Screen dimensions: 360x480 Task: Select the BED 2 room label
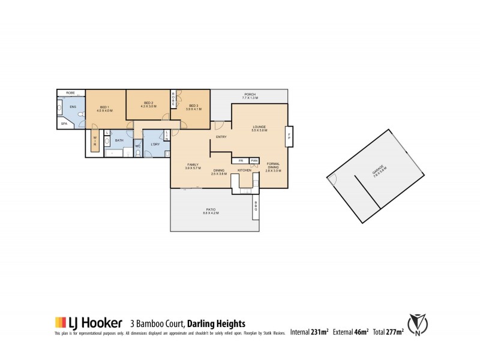pyautogui.click(x=148, y=103)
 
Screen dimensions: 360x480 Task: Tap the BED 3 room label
pyautogui.click(x=194, y=105)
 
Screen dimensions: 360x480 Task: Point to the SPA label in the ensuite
pyautogui.click(x=64, y=124)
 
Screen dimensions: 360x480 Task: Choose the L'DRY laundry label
pyautogui.click(x=156, y=145)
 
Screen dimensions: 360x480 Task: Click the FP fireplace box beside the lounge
pyautogui.click(x=290, y=136)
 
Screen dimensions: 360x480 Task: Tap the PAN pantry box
pyautogui.click(x=254, y=161)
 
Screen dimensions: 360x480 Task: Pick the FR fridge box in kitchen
pyautogui.click(x=240, y=161)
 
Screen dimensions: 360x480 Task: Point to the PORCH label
pyautogui.click(x=249, y=94)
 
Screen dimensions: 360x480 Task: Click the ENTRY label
pyautogui.click(x=221, y=139)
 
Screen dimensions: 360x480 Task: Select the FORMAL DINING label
pyautogui.click(x=273, y=166)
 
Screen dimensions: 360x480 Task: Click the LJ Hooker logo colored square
pyautogui.click(x=59, y=322)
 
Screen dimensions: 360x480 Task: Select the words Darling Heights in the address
pyautogui.click(x=210, y=322)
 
